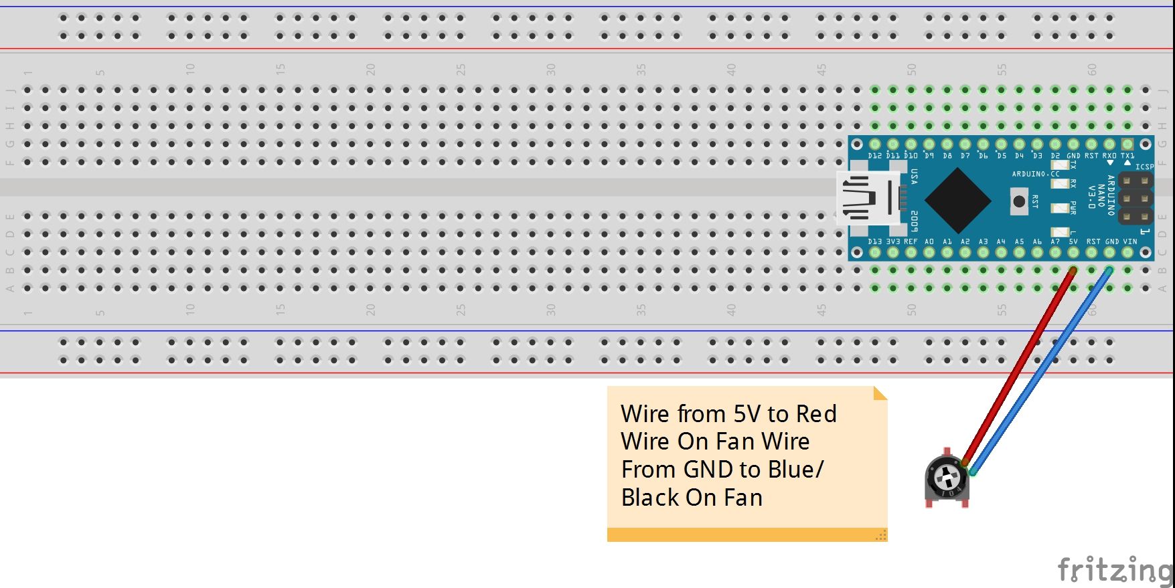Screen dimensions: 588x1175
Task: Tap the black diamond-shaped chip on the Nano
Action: click(x=957, y=199)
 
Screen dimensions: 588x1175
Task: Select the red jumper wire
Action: click(x=1018, y=368)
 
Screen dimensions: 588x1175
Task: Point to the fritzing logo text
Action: click(x=1114, y=570)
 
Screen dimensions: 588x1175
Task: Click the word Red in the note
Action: click(x=816, y=414)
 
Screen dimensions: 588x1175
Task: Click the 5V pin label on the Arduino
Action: click(x=1073, y=241)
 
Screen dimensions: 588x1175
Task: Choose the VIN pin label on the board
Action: click(x=1130, y=241)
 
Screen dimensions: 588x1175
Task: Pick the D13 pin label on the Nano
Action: click(x=874, y=241)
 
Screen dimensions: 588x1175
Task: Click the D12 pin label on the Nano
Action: click(x=874, y=156)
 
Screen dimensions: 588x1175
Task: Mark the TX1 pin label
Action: click(x=1127, y=156)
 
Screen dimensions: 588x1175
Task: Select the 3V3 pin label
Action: click(x=893, y=241)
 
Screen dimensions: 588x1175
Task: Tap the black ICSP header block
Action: click(x=1135, y=199)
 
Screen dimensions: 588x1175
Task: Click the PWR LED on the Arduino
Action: click(x=1059, y=208)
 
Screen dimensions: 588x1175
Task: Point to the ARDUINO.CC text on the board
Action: click(x=1035, y=174)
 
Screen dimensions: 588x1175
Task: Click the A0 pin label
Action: click(x=929, y=241)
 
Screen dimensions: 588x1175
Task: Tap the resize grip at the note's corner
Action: click(x=881, y=534)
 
